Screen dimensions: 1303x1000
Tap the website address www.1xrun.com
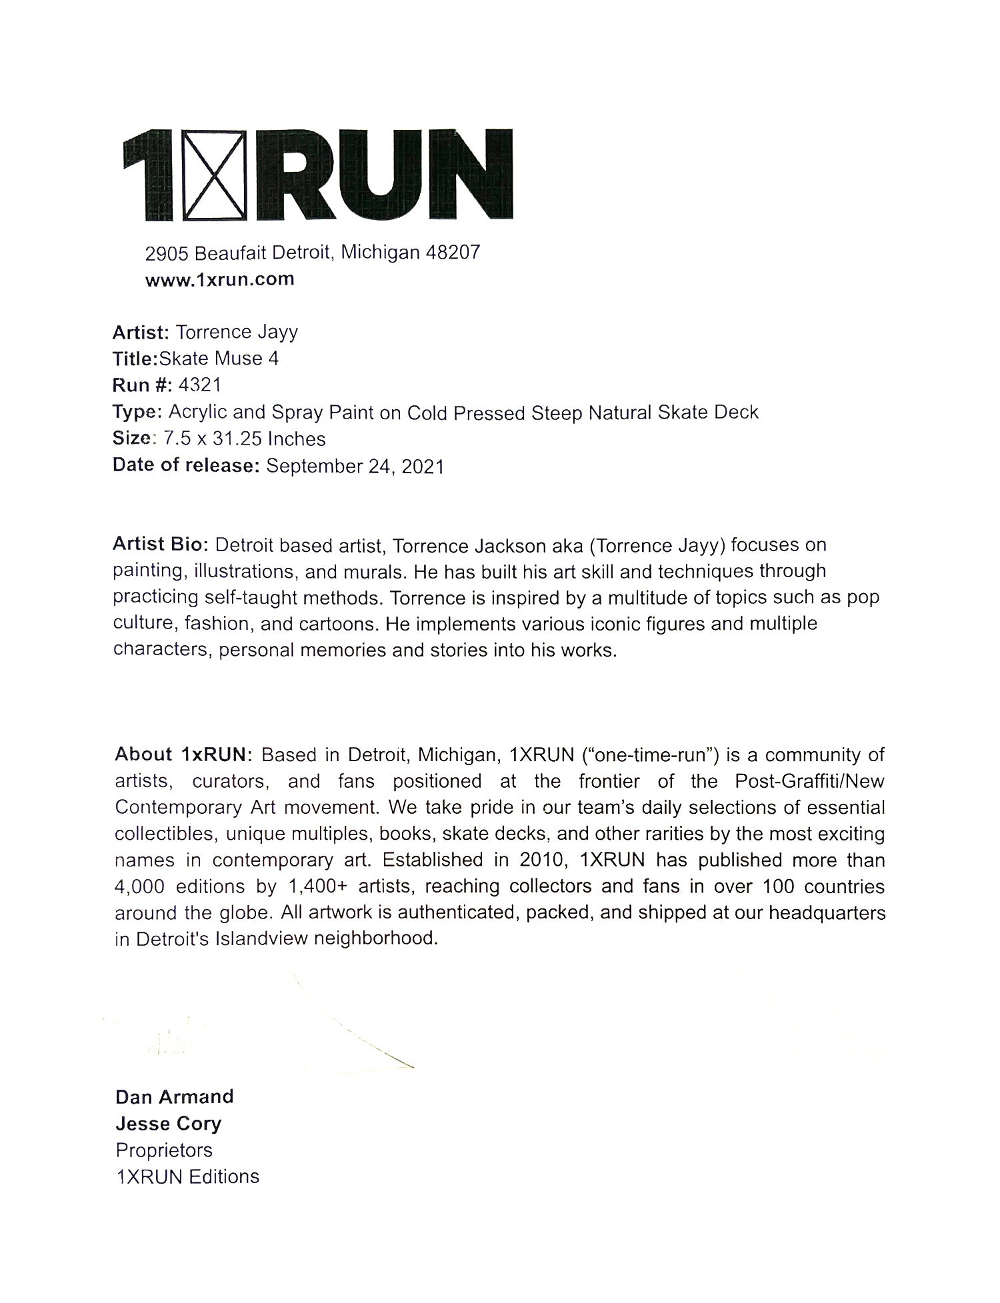pyautogui.click(x=219, y=279)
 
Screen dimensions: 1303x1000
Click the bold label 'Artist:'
pyautogui.click(x=141, y=332)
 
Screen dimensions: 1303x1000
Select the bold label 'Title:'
pyautogui.click(x=134, y=359)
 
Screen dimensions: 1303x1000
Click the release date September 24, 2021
pyautogui.click(x=355, y=466)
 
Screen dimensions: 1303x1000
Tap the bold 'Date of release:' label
pyautogui.click(x=185, y=465)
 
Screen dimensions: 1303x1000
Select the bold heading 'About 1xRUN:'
pyautogui.click(x=183, y=754)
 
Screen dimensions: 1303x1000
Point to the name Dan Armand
pyautogui.click(x=174, y=1097)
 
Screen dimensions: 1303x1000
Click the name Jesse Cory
pyautogui.click(x=168, y=1124)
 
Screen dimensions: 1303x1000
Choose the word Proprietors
pyautogui.click(x=164, y=1150)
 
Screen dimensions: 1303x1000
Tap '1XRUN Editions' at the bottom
pyautogui.click(x=187, y=1177)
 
